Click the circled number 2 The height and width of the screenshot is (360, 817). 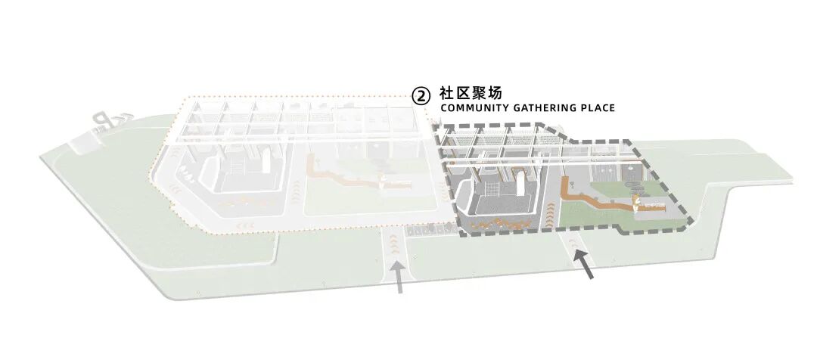[x=421, y=95]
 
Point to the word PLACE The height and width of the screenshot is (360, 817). [x=598, y=108]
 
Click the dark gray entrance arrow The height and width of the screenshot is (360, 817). [x=583, y=264]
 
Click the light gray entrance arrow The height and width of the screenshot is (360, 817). [x=399, y=277]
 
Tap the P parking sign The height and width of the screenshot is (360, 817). [x=101, y=123]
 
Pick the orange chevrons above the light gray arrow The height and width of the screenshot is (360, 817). [x=396, y=244]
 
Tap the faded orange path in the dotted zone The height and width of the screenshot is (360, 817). [x=340, y=174]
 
